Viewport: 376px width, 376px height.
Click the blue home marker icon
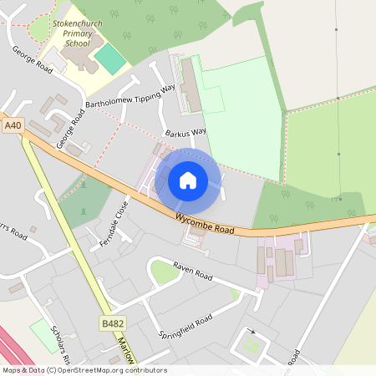coord(188,180)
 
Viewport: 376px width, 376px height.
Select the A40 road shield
coord(12,125)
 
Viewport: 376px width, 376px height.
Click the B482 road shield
coord(112,323)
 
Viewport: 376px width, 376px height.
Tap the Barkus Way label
coord(185,132)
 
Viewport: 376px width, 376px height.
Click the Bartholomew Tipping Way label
coord(131,96)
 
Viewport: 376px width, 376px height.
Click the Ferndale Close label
coord(123,218)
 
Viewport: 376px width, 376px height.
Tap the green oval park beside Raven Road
coord(165,272)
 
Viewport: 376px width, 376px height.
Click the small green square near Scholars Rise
coord(39,331)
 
